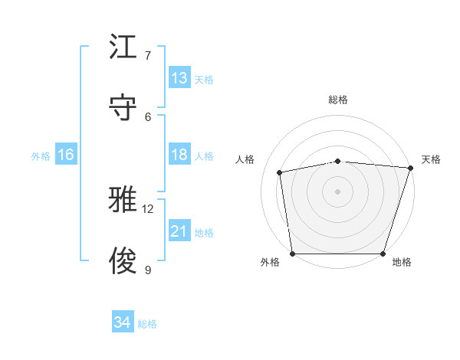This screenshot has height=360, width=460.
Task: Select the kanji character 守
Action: point(125,107)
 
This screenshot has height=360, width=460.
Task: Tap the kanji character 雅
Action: point(125,200)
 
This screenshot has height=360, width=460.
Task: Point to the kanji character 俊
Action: point(125,260)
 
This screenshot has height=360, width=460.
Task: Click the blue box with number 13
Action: point(179,78)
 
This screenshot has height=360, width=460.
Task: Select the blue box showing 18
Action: point(179,155)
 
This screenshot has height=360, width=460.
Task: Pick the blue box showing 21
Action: point(179,231)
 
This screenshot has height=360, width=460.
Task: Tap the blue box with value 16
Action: point(65,155)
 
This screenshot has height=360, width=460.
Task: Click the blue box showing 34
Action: point(122,322)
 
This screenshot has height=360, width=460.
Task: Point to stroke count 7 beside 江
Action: point(148,56)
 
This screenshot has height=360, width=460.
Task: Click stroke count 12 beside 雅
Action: point(148,208)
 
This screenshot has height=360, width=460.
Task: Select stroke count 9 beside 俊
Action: point(148,270)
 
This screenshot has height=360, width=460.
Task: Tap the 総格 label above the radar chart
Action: point(338,100)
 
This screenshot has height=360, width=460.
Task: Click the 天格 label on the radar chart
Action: point(431,159)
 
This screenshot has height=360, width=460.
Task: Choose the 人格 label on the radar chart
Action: point(245,159)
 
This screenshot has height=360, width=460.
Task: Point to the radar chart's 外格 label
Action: point(270,262)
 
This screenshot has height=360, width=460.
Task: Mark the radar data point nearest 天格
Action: point(411,168)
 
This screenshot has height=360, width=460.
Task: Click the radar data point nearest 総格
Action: point(338,161)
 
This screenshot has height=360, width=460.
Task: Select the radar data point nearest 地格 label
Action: point(383,254)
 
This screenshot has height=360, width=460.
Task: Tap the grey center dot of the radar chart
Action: point(338,191)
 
